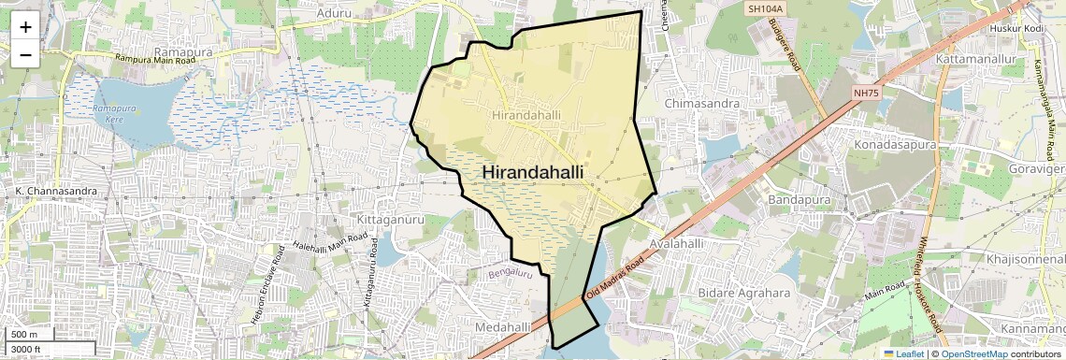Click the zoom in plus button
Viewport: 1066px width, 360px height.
click(x=25, y=26)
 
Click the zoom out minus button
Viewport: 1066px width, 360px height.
click(x=25, y=54)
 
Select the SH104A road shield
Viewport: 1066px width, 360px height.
click(x=764, y=8)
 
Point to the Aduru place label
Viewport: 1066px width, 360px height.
click(x=335, y=13)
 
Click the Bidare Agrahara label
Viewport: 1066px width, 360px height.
click(x=743, y=293)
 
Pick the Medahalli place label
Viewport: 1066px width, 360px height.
click(x=502, y=327)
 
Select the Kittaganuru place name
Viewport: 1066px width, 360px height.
click(x=391, y=219)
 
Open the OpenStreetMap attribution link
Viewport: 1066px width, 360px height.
click(x=973, y=353)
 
